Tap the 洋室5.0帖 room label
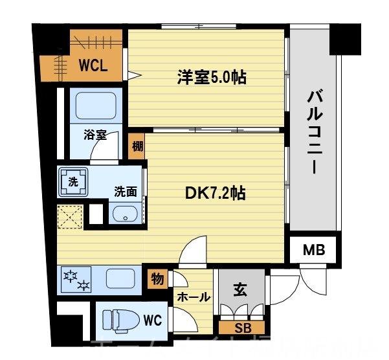tap(212, 78)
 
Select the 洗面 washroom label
tap(126, 192)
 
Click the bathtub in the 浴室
tap(95, 104)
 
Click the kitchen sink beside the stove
tap(120, 280)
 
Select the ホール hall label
tap(194, 297)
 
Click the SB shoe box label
tap(243, 327)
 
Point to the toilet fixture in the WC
tap(122, 319)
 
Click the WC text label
tap(153, 319)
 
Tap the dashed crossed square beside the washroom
tap(70, 216)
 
